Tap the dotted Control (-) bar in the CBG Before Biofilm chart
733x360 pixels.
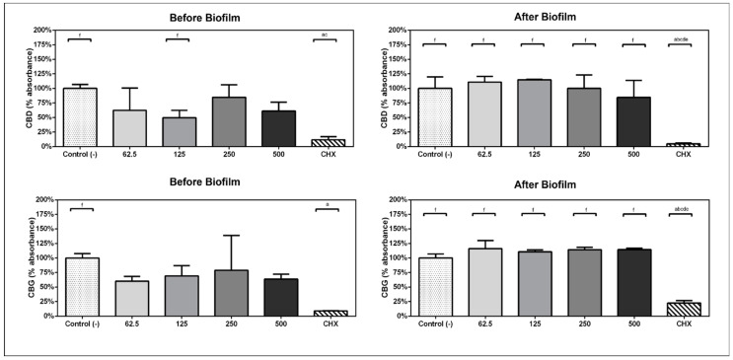click(x=80, y=287)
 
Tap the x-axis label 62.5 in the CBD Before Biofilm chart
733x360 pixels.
click(x=129, y=155)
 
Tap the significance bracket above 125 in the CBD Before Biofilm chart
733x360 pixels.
click(x=179, y=39)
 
